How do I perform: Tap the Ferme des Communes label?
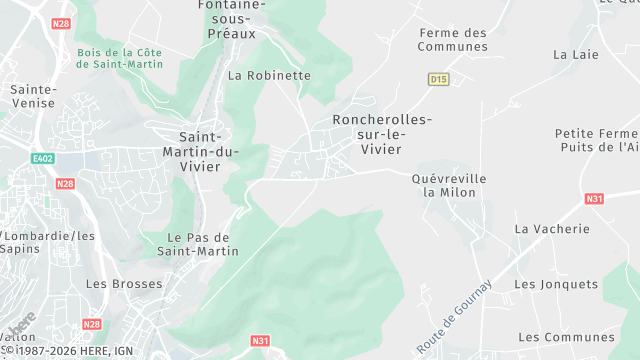click(x=453, y=40)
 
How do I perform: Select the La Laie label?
click(x=575, y=54)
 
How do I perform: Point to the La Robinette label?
click(x=269, y=75)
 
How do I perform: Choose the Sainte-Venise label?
click(x=33, y=96)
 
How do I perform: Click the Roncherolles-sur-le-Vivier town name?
click(x=381, y=134)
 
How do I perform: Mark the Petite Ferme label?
click(x=596, y=133)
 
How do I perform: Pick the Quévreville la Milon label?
click(x=449, y=185)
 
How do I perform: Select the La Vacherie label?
click(x=552, y=228)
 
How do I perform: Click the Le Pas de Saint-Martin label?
click(x=198, y=244)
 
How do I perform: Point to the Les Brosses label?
click(x=124, y=284)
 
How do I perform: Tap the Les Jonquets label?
click(x=555, y=284)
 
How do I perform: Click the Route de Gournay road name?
click(x=455, y=316)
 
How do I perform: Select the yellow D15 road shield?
click(x=437, y=78)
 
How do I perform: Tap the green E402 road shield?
click(x=42, y=157)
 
